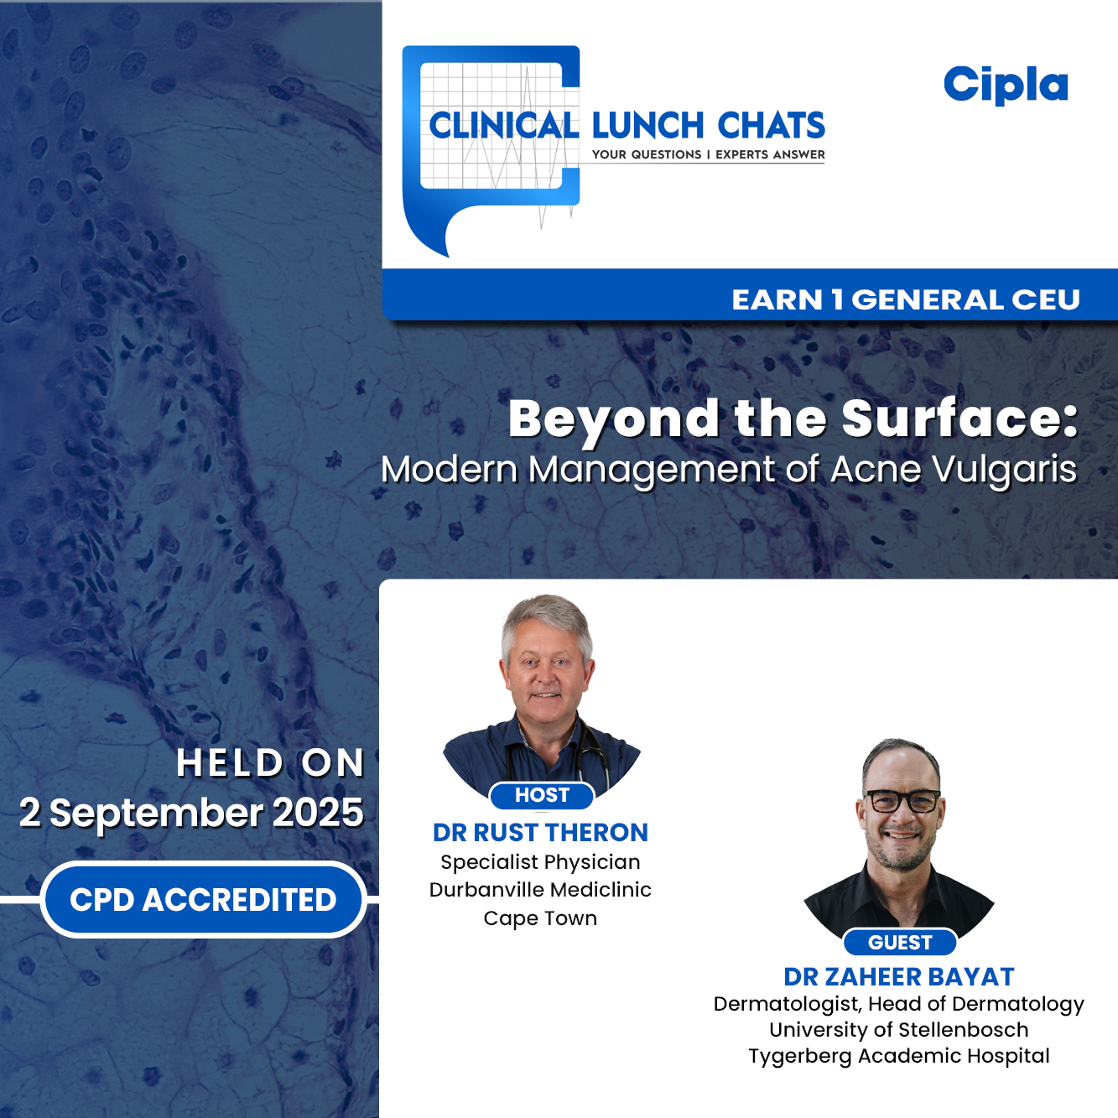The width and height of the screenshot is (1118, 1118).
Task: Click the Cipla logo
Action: (1006, 85)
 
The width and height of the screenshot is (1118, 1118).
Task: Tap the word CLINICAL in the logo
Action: (503, 126)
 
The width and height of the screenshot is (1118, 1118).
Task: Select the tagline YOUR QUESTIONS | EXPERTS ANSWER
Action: (708, 154)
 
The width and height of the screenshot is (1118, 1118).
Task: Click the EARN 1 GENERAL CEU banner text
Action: (905, 299)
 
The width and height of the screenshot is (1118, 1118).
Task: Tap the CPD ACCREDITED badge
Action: (203, 899)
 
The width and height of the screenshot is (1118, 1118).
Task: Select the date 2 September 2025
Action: (191, 813)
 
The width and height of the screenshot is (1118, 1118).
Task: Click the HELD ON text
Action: (270, 763)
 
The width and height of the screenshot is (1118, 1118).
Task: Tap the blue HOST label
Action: (542, 795)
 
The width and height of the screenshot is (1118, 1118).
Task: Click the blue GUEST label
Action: (900, 943)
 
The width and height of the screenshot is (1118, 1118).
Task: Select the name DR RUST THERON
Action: (540, 832)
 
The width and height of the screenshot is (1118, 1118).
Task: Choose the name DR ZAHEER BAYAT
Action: (898, 976)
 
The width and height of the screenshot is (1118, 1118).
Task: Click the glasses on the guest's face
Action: (902, 801)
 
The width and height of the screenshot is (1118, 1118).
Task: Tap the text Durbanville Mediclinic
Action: (540, 889)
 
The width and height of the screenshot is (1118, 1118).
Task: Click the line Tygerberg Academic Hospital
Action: (898, 1056)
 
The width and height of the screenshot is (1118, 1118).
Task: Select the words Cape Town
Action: (540, 918)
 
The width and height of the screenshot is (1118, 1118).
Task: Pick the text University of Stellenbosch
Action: (898, 1030)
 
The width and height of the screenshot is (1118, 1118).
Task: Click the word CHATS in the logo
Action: (772, 126)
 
